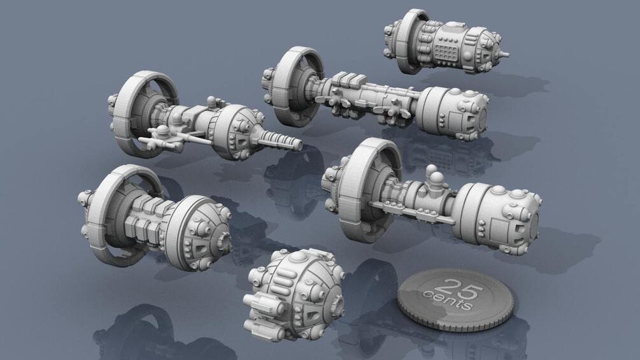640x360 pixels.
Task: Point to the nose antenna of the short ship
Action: pos(504,53)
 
